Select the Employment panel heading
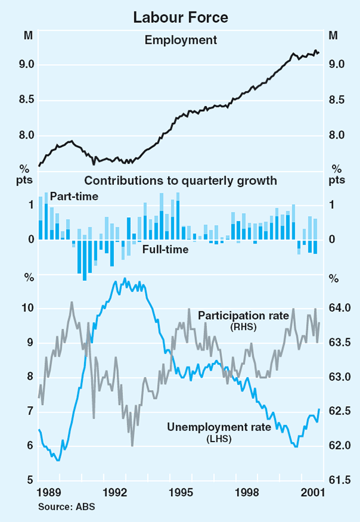(x=180, y=40)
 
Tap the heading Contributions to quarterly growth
(x=180, y=180)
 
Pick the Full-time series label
(x=166, y=249)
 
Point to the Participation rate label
(x=244, y=316)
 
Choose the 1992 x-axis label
(x=115, y=493)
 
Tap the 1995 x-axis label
(x=181, y=493)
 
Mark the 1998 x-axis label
(x=247, y=493)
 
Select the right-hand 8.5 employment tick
(x=334, y=100)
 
